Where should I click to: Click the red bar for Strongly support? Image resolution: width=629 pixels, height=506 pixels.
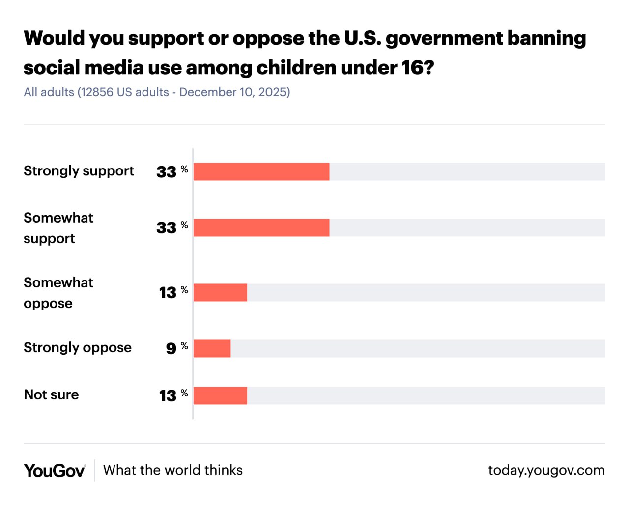point(261,171)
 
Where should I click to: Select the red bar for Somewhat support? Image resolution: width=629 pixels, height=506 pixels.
point(261,227)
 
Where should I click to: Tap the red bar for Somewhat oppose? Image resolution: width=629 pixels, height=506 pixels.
point(220,292)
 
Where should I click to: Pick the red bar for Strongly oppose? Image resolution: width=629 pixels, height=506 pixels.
point(212,348)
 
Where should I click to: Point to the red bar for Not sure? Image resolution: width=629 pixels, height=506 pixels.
point(220,395)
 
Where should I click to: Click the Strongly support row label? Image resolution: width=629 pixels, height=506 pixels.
point(79,171)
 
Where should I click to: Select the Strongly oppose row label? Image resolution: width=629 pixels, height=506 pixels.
point(78,348)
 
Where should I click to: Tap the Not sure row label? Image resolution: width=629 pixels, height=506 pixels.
point(51,394)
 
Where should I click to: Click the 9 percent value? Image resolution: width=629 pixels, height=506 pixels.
point(171,348)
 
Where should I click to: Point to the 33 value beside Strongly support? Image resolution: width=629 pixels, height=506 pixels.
point(166,172)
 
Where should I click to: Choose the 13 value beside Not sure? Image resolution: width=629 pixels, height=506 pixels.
point(167,395)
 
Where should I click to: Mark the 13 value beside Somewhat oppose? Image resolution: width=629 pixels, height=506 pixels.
point(167,293)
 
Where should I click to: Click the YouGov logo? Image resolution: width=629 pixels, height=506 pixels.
point(55,471)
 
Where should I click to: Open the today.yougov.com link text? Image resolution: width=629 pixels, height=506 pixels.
point(546,470)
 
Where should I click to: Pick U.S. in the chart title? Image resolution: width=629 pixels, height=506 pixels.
point(363,38)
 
